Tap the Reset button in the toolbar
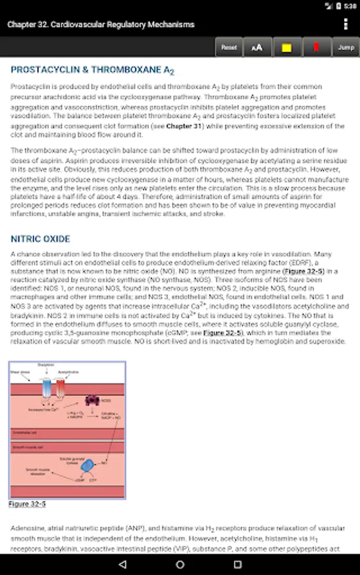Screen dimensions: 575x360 click(x=229, y=47)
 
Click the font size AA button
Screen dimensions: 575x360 click(x=257, y=47)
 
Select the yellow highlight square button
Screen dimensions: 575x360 click(x=286, y=47)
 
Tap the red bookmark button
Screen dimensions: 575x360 click(x=316, y=47)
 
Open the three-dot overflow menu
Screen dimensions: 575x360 click(x=346, y=24)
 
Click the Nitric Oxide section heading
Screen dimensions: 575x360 click(x=40, y=239)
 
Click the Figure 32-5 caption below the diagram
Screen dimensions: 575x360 click(x=27, y=503)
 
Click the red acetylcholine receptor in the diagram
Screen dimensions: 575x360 click(x=61, y=388)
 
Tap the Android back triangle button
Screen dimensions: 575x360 click(x=122, y=564)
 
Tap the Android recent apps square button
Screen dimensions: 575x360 click(x=237, y=564)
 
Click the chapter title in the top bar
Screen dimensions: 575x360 click(x=101, y=24)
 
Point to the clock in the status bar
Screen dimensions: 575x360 click(x=350, y=6)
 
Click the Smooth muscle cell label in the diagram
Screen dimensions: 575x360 click(x=27, y=448)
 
